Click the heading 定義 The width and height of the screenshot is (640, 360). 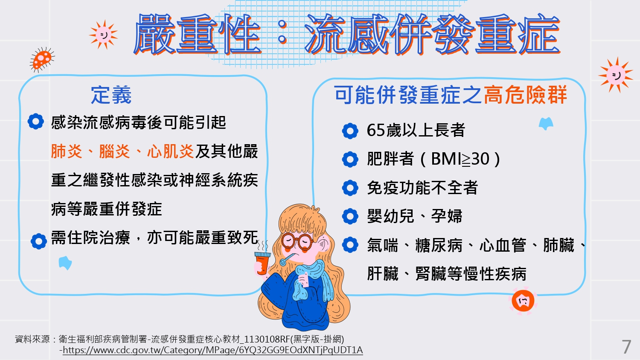(x=111, y=95)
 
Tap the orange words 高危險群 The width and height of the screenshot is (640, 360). (x=525, y=95)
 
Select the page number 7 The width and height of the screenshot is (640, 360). (x=626, y=347)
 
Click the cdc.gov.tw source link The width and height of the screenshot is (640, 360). (x=212, y=350)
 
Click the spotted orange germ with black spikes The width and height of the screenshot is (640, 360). (x=42, y=59)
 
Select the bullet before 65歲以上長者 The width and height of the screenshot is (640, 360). (x=350, y=131)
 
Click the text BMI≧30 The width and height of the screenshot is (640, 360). (x=460, y=159)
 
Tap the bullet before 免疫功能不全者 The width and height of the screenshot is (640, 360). (x=350, y=188)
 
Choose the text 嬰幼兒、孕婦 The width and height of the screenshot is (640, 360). (x=415, y=216)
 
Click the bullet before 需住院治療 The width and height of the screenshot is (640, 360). (x=38, y=241)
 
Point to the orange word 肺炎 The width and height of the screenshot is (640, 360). (x=67, y=151)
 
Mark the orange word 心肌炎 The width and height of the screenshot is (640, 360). (x=171, y=151)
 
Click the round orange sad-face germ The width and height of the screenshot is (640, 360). (x=523, y=301)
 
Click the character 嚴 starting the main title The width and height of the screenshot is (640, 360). (x=154, y=34)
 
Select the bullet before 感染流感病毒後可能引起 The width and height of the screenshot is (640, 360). (x=36, y=122)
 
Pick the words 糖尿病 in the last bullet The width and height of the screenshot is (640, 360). (x=439, y=245)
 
